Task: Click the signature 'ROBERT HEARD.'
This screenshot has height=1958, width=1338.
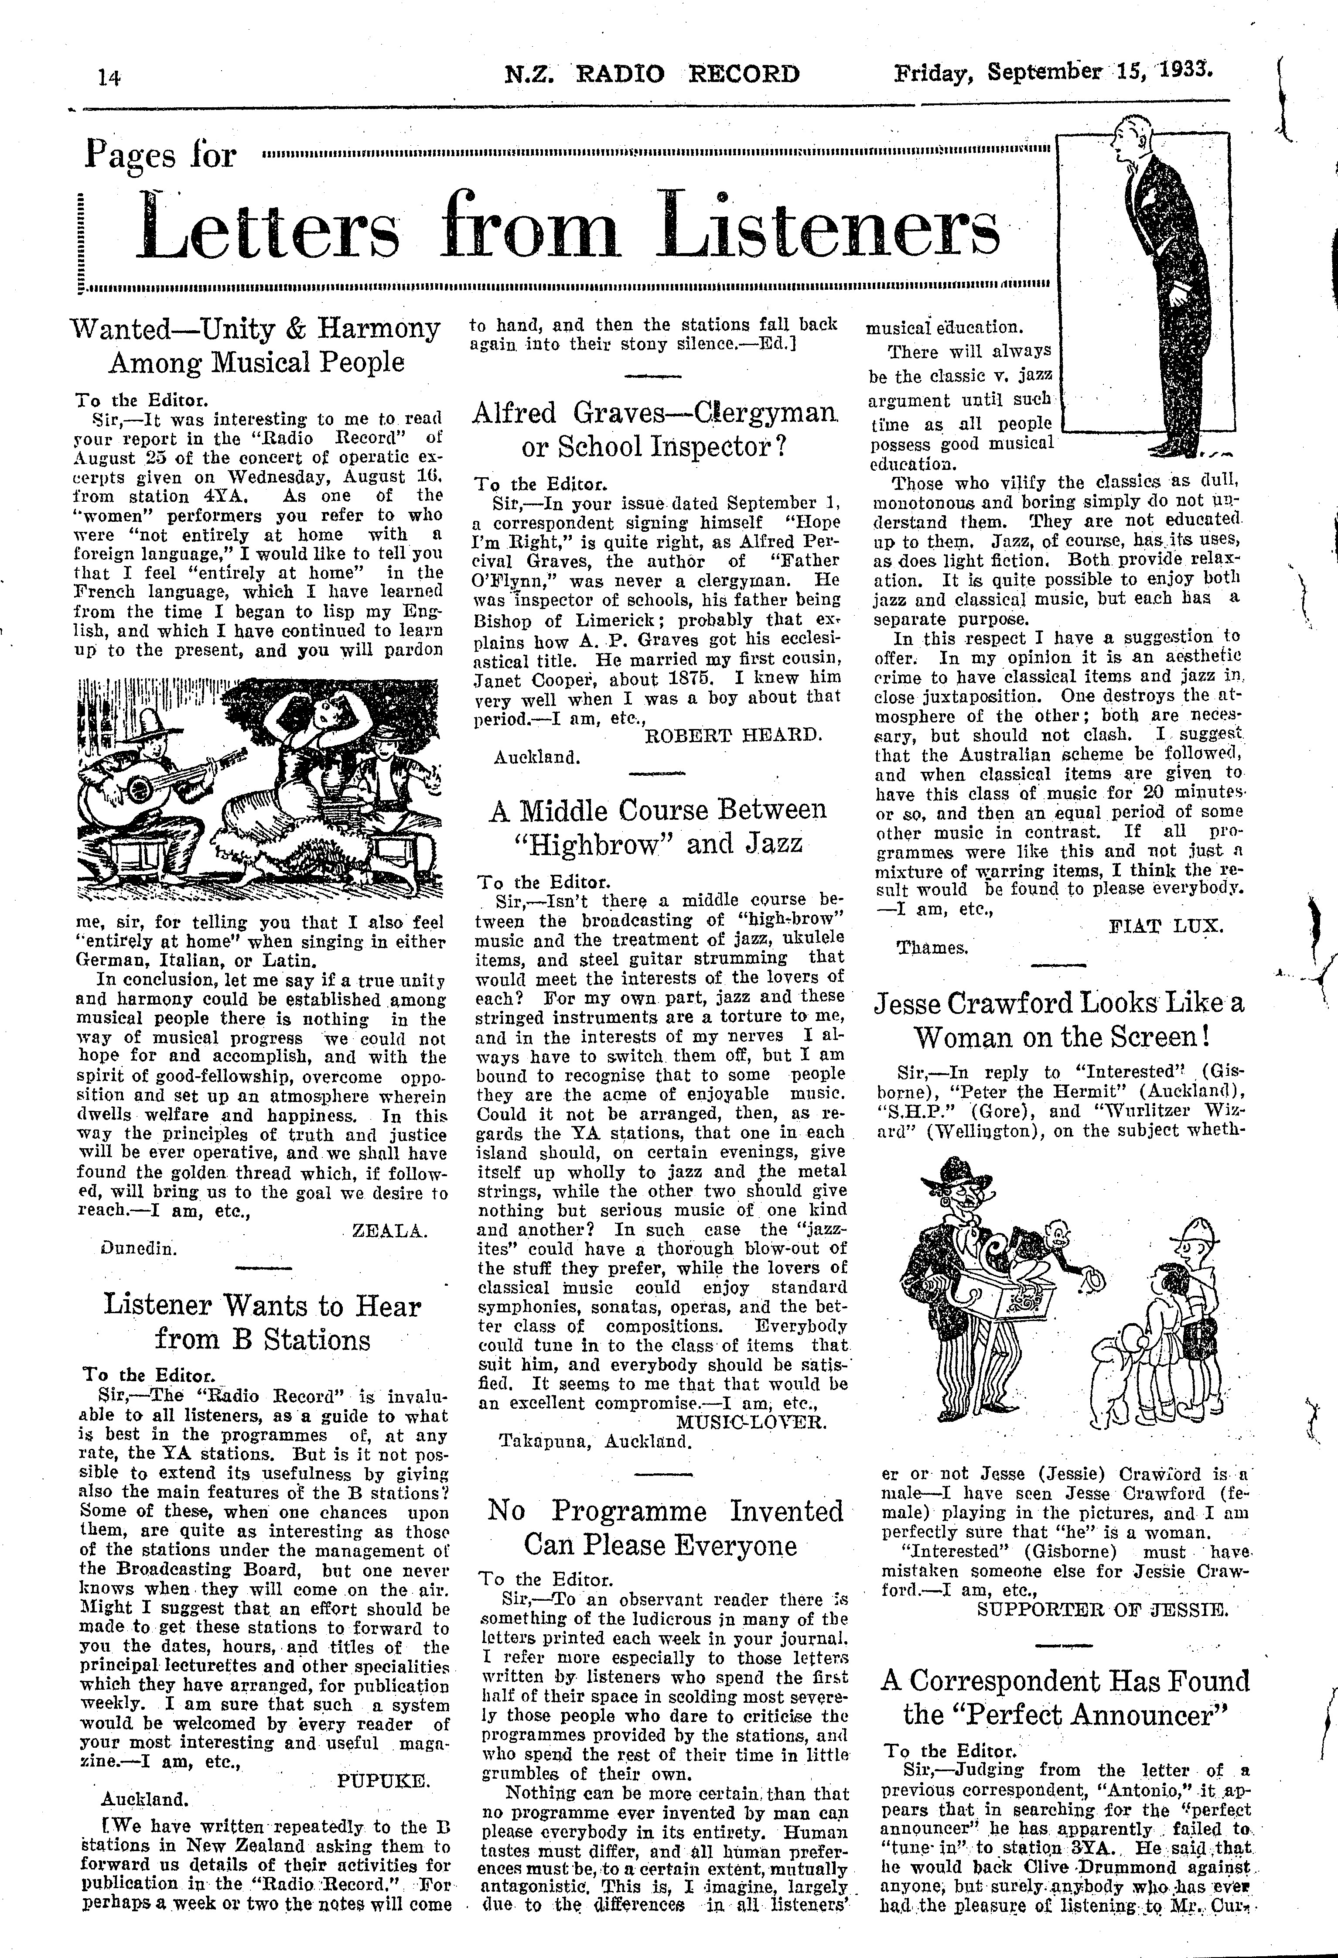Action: click(x=732, y=735)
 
